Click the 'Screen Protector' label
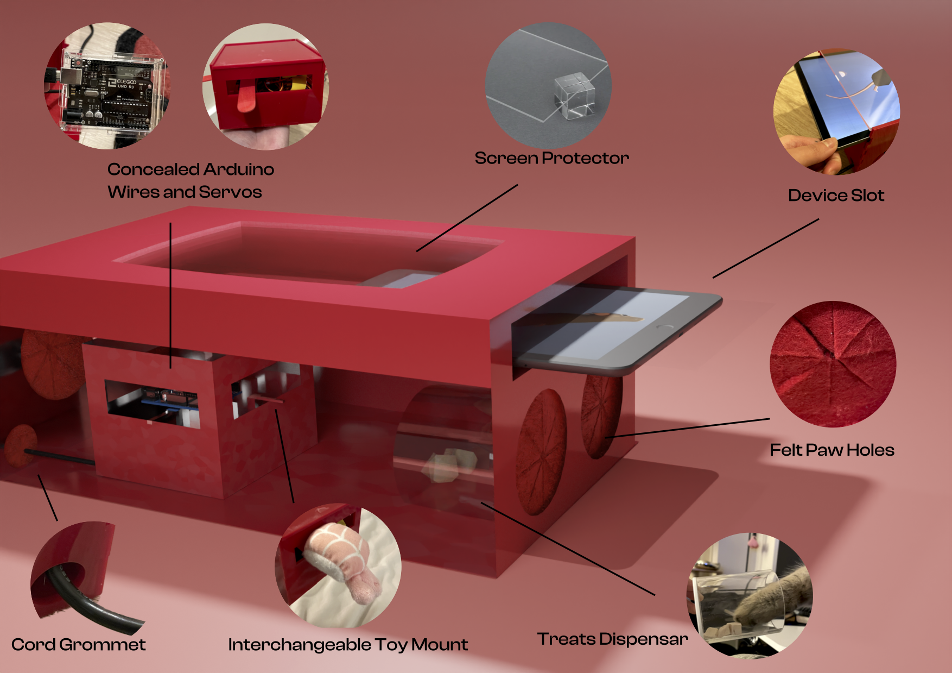coord(551,158)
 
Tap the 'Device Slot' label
coord(836,196)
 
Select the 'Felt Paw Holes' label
coord(832,450)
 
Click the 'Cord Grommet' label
coord(79,645)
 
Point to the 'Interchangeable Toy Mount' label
coord(348,645)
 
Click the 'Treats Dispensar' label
coord(612,639)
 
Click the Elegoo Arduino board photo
coord(109,92)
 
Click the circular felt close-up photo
coord(833,364)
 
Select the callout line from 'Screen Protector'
coord(467,218)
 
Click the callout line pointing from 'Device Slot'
coord(765,248)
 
